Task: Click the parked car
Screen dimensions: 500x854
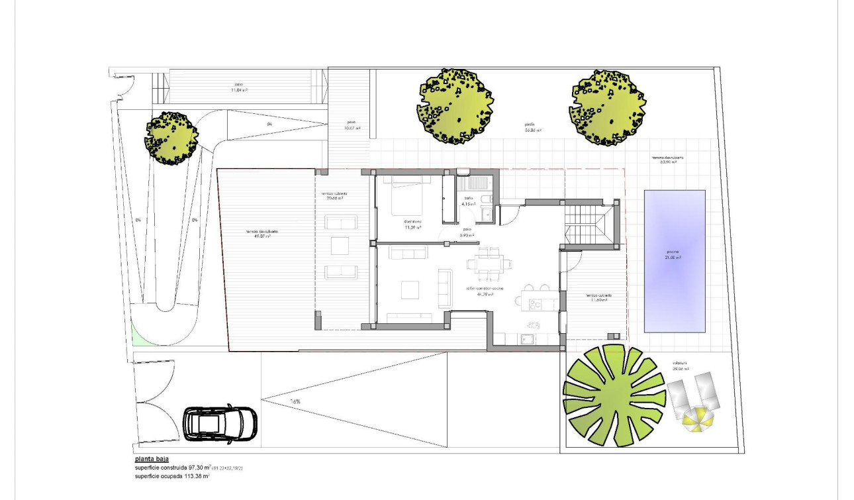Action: [x=220, y=424]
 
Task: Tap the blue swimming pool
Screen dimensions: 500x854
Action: [x=675, y=261]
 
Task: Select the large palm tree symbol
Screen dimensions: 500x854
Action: [x=614, y=395]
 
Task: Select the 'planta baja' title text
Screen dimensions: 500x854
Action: [x=152, y=458]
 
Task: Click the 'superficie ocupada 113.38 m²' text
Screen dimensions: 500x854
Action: [x=172, y=475]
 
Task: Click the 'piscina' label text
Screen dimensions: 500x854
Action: [x=673, y=254]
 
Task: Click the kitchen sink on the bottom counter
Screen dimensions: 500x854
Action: [x=528, y=340]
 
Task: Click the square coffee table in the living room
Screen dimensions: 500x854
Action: [x=410, y=289]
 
